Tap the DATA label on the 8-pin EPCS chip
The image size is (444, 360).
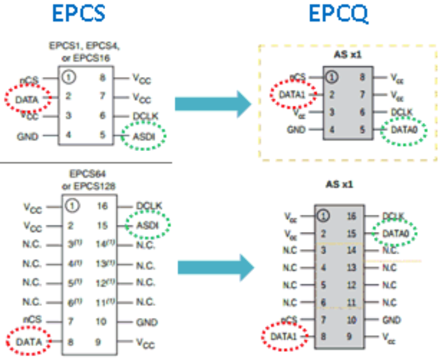25,99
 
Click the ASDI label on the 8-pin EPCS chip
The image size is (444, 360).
143,135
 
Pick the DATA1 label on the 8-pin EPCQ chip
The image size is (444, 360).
293,95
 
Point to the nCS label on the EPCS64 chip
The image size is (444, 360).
32,322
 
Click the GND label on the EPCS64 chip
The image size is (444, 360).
147,322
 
